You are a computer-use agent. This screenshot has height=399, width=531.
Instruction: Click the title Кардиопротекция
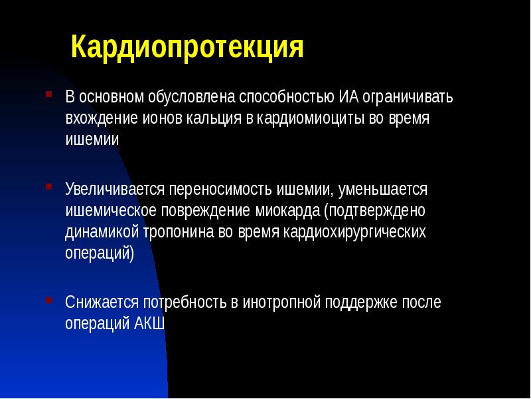[187, 49]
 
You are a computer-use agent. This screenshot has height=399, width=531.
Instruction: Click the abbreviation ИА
[349, 97]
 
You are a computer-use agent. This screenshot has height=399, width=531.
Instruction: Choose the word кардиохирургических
[354, 233]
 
